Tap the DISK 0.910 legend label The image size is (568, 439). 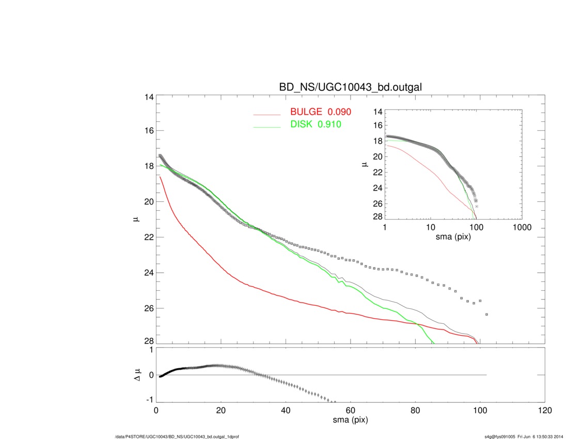[x=315, y=124]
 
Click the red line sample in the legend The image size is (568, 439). [x=267, y=114]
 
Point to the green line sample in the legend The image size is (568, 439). [x=267, y=127]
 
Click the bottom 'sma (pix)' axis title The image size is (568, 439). [x=350, y=420]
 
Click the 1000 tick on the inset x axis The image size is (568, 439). [x=522, y=228]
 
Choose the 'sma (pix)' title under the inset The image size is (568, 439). [x=453, y=236]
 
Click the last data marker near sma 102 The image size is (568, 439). [x=486, y=314]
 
